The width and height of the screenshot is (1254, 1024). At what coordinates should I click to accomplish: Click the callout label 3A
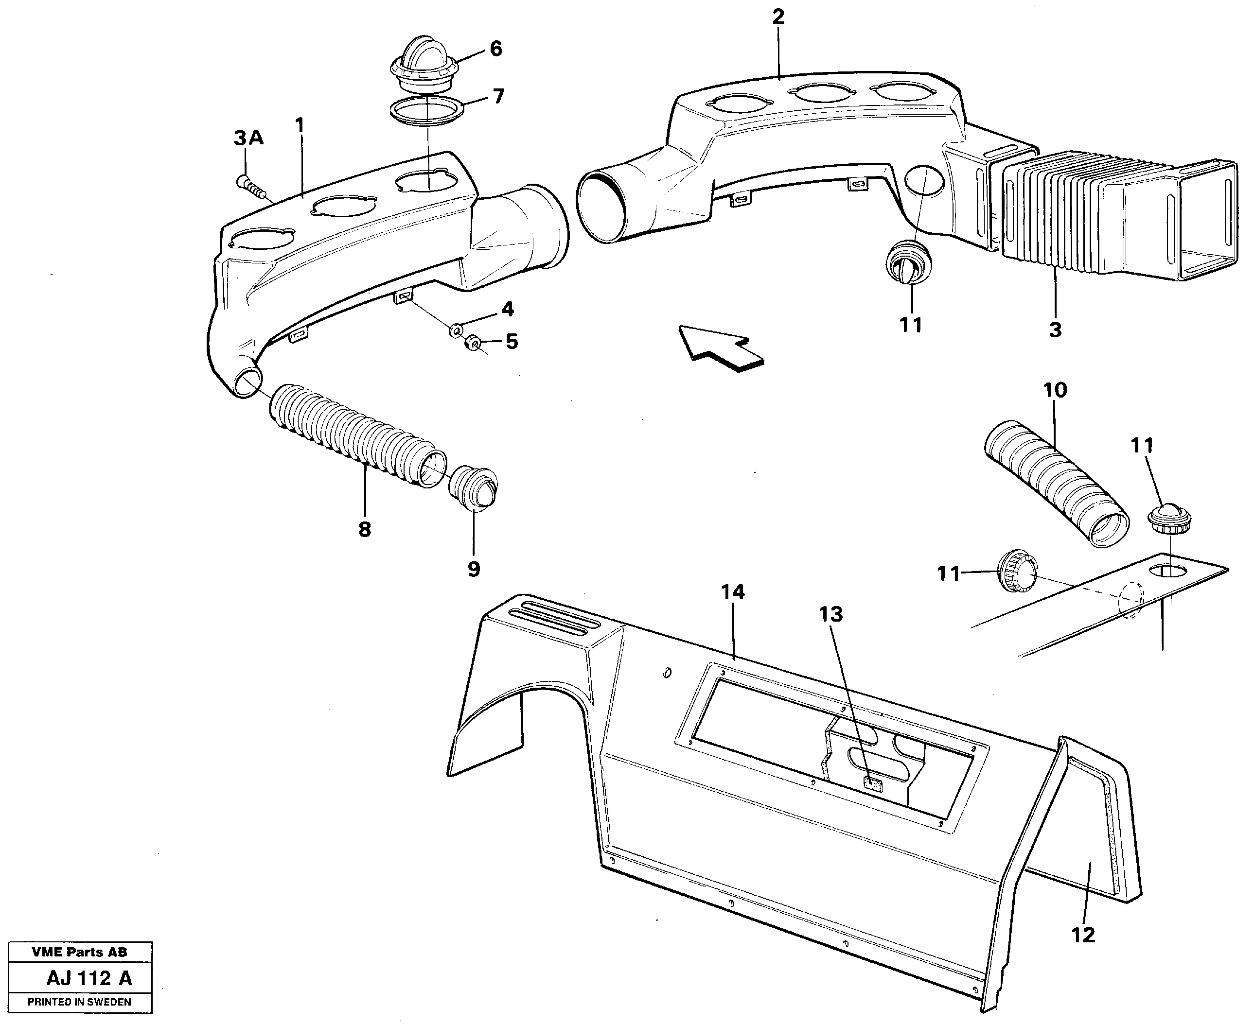coord(248,138)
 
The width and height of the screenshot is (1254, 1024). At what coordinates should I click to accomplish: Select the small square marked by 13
coord(872,783)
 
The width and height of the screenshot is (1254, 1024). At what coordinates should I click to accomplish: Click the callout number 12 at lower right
coord(1083,935)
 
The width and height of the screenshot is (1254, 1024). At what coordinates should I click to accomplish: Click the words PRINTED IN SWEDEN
coord(80,1002)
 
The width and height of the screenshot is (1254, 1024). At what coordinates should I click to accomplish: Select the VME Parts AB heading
coord(79,952)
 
